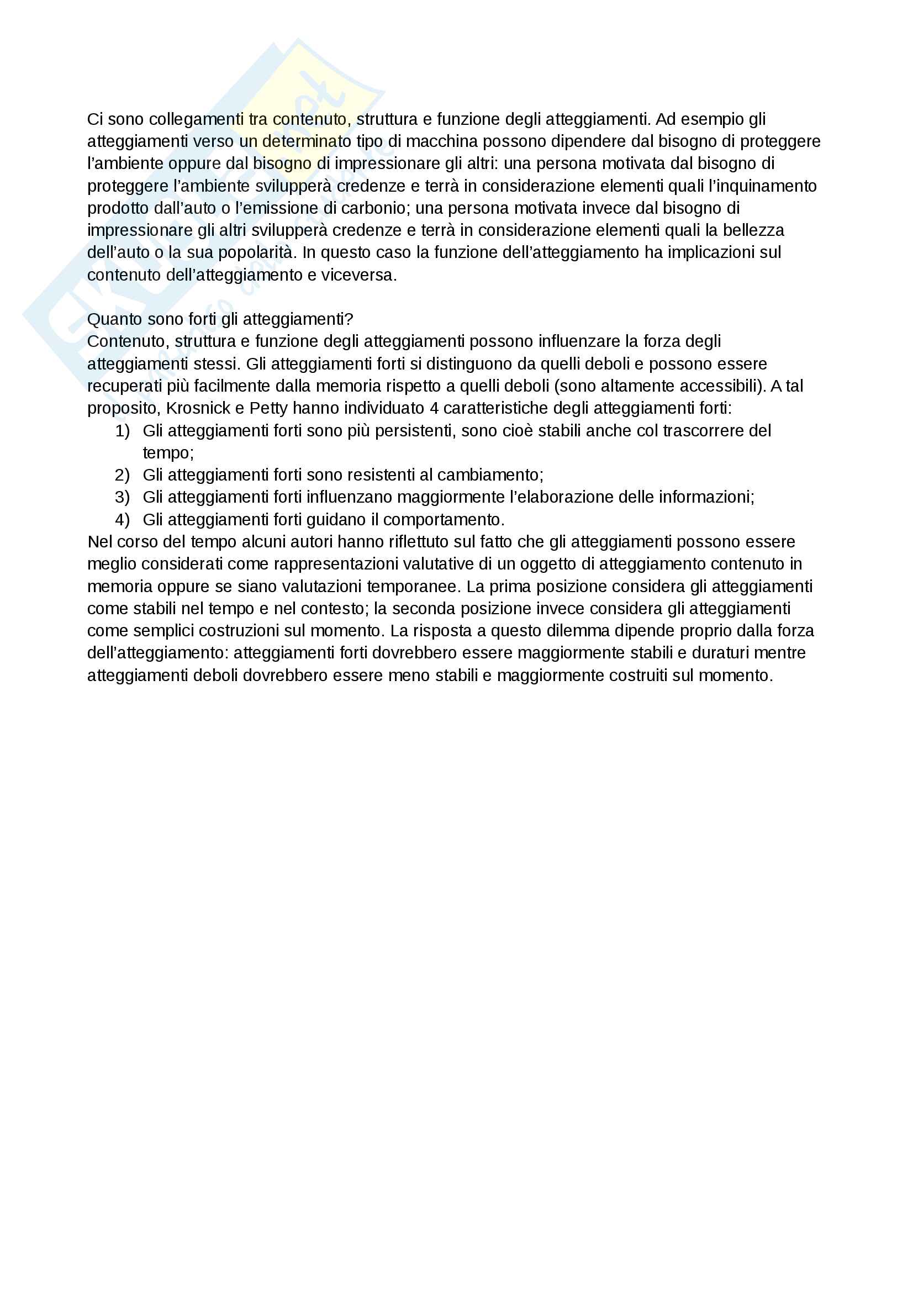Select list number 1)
pos(122,431)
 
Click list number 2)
pos(122,476)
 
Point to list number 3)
pos(122,498)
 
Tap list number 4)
pos(122,520)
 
